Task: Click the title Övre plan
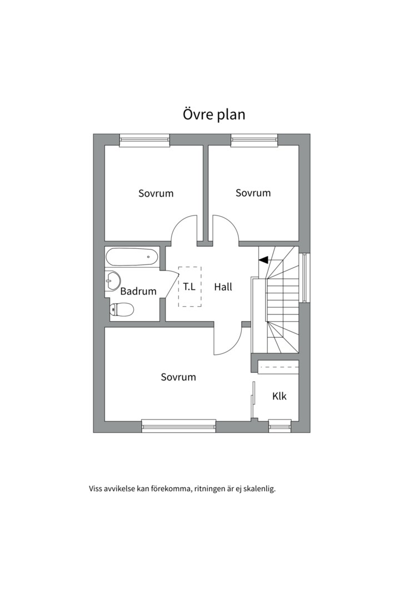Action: coord(214,114)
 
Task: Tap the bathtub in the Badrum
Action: coord(132,257)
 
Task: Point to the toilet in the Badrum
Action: coord(121,309)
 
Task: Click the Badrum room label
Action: coord(138,291)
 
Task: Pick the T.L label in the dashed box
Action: coord(189,287)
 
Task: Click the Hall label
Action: coord(223,287)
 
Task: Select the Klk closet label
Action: coord(279,396)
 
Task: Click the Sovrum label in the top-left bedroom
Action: coord(156,193)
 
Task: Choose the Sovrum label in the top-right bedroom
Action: coord(253,193)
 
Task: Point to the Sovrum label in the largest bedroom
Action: coord(178,377)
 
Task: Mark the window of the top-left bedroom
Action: coord(144,141)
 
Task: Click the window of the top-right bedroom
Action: coord(254,141)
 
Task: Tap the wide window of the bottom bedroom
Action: coord(179,426)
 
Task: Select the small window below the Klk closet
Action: coord(280,426)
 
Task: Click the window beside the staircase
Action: coord(304,277)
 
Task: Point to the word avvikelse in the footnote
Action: coord(119,489)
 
